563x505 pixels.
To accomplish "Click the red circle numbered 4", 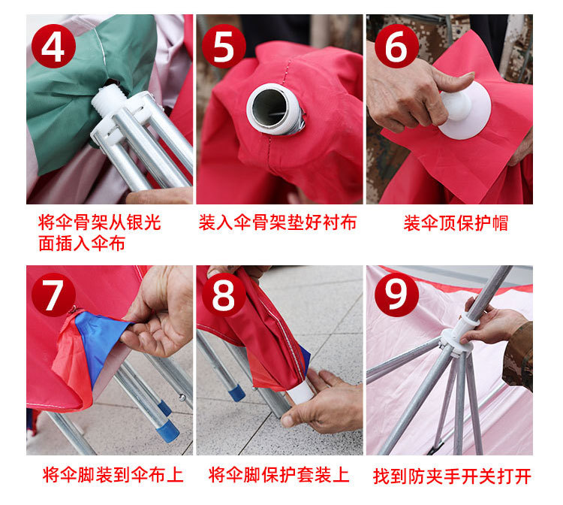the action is tap(53, 46).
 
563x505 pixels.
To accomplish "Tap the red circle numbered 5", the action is tap(224, 46).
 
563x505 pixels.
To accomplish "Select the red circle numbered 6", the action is tap(396, 46).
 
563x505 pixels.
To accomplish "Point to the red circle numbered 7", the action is tap(53, 295).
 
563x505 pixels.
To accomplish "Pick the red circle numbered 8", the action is tap(224, 295).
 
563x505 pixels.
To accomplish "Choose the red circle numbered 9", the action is tap(396, 295).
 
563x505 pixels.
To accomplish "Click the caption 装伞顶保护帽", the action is tap(456, 223).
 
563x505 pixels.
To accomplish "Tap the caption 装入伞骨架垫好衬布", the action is tap(278, 222).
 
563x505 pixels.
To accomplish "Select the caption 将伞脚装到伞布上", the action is tap(113, 475).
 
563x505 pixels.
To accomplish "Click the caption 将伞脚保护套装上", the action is tap(279, 475).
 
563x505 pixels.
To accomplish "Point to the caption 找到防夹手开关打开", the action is tap(452, 476).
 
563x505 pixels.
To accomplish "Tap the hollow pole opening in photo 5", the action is tap(269, 107).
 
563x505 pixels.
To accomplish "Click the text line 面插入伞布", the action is tap(82, 243).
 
